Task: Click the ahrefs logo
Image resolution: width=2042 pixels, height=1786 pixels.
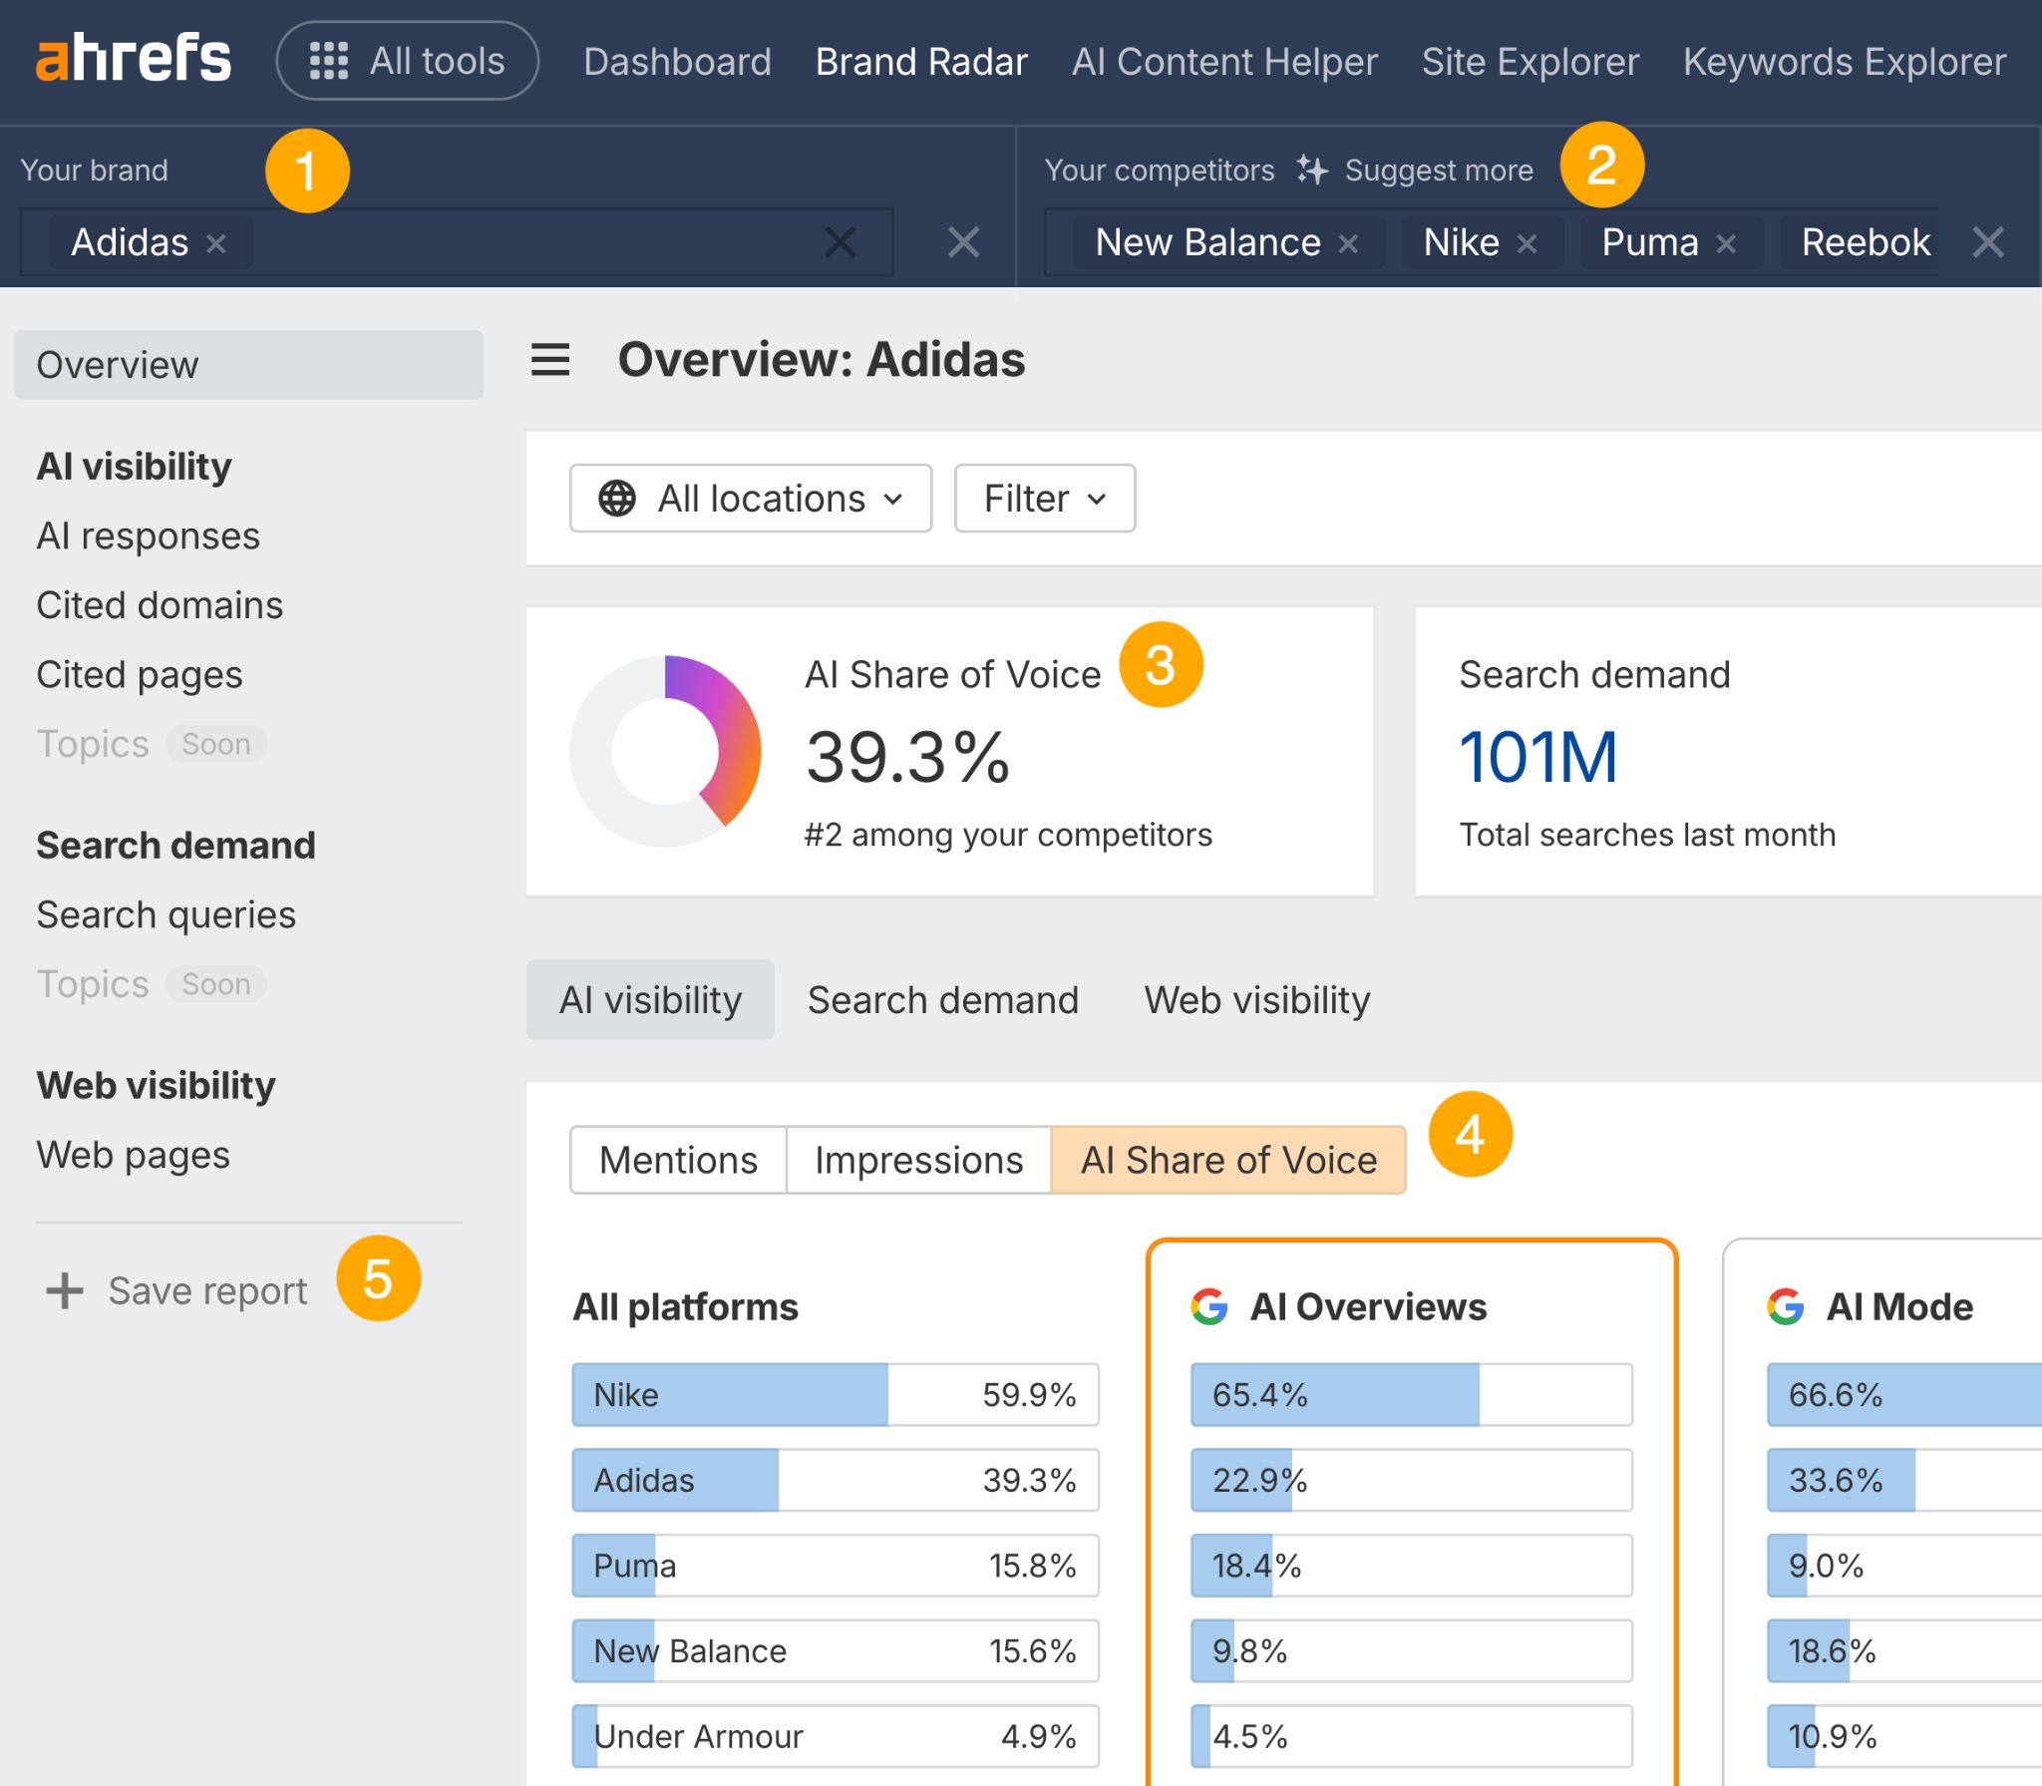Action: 134,59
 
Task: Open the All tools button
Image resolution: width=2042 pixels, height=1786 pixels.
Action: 407,61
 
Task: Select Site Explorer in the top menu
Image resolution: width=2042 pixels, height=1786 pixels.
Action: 1530,62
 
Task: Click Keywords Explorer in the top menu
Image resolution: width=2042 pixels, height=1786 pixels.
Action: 1844,62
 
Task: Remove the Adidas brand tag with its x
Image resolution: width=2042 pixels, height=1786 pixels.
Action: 215,243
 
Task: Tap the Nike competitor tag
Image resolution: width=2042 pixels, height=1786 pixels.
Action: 1461,242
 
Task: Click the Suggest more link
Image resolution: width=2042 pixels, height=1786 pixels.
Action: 1437,171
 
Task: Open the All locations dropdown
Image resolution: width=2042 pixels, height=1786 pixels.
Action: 750,498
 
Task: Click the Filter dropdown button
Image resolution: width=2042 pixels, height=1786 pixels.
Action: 1044,498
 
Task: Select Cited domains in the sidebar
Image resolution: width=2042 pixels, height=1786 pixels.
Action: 160,605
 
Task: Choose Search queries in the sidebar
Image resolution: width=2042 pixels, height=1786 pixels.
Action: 166,914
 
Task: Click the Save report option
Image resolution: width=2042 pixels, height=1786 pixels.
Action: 206,1290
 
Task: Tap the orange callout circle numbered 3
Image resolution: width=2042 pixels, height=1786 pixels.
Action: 1161,665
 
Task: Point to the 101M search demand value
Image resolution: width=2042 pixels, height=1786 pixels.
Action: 1536,757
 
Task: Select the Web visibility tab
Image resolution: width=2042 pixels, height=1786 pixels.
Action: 1256,999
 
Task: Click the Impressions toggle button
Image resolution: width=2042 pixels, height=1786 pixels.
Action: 918,1160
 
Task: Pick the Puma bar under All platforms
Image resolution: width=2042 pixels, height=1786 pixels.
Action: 835,1565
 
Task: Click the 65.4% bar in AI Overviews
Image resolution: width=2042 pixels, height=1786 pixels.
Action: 1410,1394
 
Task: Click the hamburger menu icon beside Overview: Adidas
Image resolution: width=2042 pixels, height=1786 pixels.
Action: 550,360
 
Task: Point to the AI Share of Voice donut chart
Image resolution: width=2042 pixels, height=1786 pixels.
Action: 665,751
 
